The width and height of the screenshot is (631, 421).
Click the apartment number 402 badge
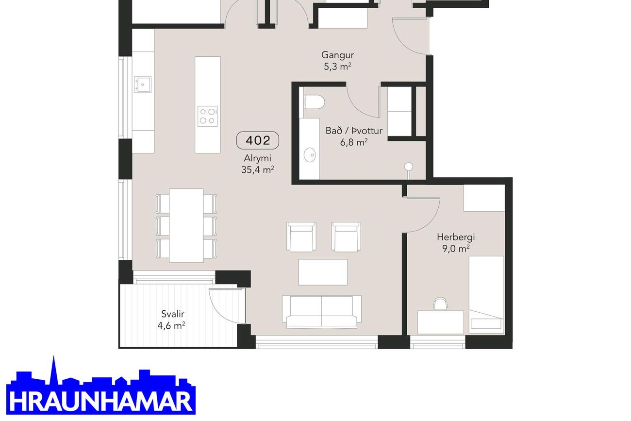pos(257,140)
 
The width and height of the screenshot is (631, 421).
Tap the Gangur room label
pos(337,55)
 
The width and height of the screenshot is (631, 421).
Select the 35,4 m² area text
pos(257,170)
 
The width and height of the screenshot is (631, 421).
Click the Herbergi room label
pos(456,237)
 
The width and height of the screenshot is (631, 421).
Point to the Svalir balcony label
pos(173,314)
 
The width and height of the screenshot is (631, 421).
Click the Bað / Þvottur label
pos(354,131)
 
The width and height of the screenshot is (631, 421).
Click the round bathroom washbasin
pos(310,155)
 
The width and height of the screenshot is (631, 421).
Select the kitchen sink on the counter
pos(143,84)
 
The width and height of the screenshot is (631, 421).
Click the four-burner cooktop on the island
pos(207,116)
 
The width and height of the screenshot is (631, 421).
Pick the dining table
pos(186,225)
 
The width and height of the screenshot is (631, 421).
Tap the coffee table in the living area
pos(323,272)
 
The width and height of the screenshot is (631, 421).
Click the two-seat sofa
pos(322,312)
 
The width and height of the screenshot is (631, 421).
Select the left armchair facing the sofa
pos(301,236)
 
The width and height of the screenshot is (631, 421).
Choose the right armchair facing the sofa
pos(346,236)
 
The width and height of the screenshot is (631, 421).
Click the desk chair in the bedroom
pos(441,304)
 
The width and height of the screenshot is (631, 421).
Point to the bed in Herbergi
pos(486,295)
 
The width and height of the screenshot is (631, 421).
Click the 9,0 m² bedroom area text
pos(456,249)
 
